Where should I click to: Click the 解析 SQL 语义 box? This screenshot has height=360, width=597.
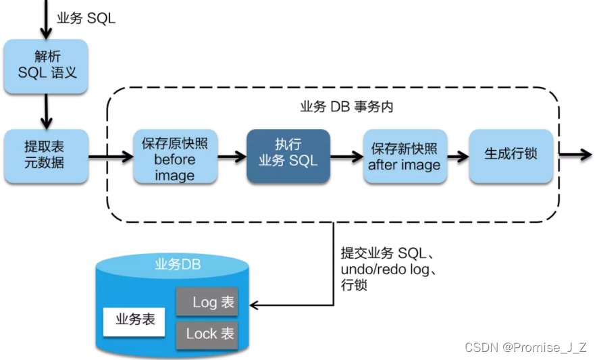point(46,66)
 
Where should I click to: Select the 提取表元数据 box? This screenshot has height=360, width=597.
point(46,155)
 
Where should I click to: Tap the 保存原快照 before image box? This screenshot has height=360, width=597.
point(174,157)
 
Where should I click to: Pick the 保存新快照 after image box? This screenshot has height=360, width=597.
point(405,156)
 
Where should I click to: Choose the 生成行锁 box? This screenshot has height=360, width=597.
point(511,154)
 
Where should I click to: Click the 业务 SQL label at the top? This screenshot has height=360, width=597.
point(86,18)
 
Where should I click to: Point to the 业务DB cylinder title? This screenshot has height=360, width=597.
point(178,264)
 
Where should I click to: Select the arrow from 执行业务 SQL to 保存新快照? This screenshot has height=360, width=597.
point(346,157)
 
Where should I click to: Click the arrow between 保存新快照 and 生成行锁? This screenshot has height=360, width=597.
point(458,157)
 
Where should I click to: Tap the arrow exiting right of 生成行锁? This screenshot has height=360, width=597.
point(575,154)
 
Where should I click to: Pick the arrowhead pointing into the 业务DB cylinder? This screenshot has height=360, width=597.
point(255,305)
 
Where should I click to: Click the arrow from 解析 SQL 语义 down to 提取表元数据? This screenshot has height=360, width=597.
point(46,111)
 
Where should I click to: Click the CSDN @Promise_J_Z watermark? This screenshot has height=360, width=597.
point(525,346)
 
